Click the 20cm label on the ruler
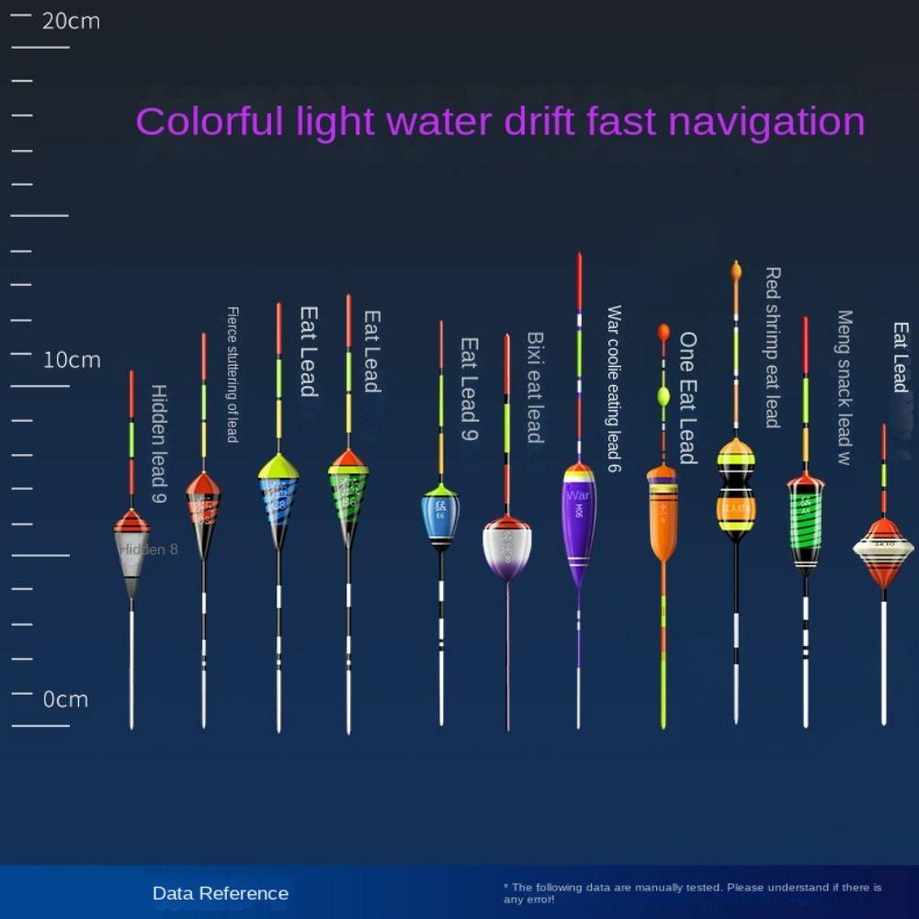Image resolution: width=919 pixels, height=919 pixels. click(x=71, y=21)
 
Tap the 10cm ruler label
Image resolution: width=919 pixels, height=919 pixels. click(x=72, y=359)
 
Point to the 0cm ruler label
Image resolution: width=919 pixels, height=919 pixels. click(x=65, y=699)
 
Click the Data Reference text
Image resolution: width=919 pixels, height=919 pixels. click(x=221, y=893)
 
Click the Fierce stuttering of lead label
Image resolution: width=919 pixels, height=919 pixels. click(x=233, y=375)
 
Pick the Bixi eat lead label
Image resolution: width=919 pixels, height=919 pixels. click(x=535, y=387)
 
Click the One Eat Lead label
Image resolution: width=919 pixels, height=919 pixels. click(x=687, y=398)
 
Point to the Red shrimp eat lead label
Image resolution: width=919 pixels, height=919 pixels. click(x=773, y=347)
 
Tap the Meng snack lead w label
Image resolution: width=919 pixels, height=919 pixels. click(x=845, y=387)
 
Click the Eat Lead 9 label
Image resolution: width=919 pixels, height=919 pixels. click(x=469, y=389)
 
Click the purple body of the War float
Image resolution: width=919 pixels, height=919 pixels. click(x=579, y=524)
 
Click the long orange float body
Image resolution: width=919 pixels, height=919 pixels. click(x=663, y=515)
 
